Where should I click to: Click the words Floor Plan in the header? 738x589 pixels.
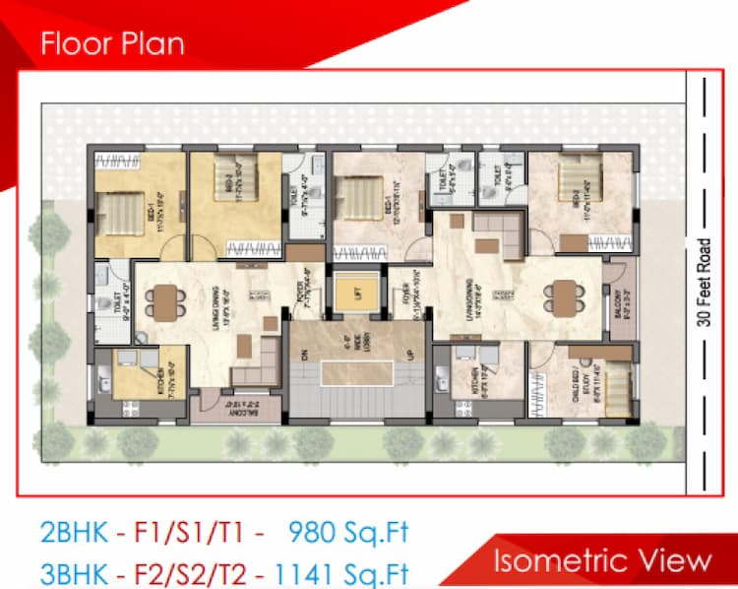coord(111,44)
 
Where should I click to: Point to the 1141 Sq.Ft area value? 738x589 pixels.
coord(339,571)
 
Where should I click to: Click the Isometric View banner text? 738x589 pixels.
coord(601,560)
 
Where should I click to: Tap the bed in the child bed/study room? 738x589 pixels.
coord(615,382)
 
